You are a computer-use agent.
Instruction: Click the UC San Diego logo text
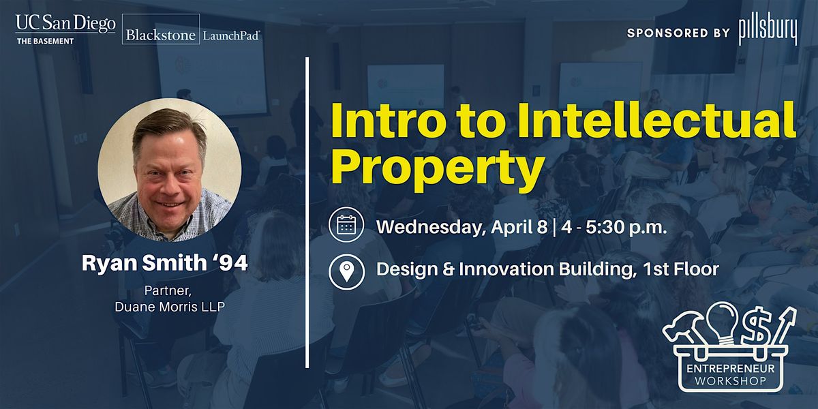tap(65, 24)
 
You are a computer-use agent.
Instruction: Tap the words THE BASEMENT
tap(45, 42)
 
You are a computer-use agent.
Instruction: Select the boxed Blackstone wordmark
tap(161, 29)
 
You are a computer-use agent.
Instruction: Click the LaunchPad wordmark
tap(231, 35)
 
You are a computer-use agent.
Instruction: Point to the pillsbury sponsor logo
tap(768, 31)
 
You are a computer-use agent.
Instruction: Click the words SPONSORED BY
tap(678, 33)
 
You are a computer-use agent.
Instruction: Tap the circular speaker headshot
tap(170, 170)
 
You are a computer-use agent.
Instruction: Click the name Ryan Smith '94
tap(165, 262)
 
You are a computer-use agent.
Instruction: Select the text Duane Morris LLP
tap(170, 306)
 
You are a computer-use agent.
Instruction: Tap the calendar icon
tap(346, 224)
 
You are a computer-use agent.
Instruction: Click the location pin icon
tap(346, 272)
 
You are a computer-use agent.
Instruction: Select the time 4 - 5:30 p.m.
tap(615, 227)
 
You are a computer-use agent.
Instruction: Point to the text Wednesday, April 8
tap(462, 228)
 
